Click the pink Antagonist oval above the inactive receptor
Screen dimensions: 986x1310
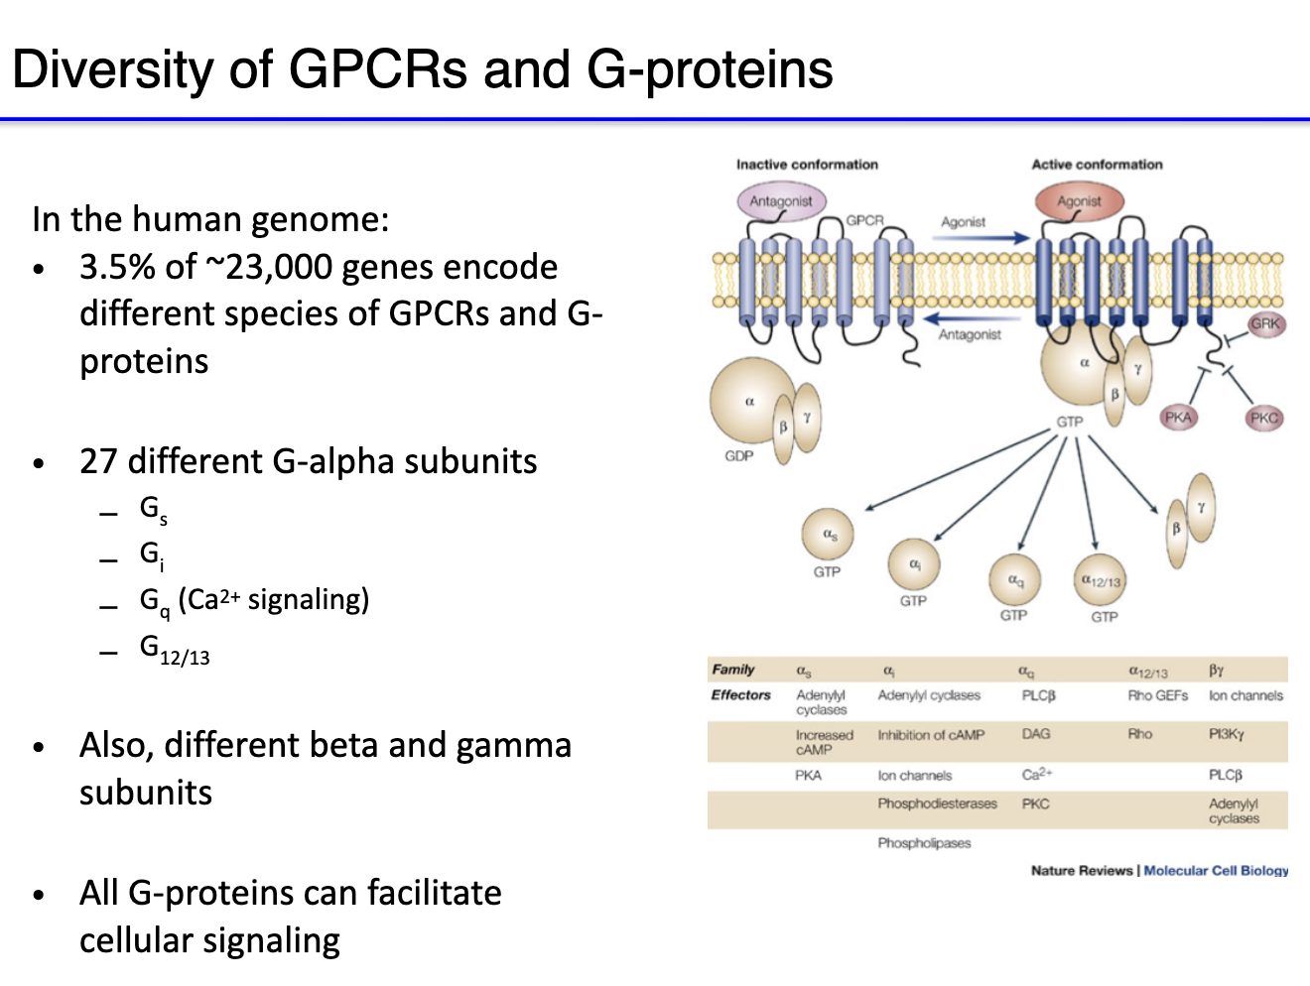tap(780, 201)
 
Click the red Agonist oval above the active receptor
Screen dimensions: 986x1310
tap(1078, 201)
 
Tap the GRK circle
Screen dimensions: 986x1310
tap(1264, 323)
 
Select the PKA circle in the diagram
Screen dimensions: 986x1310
tap(1178, 417)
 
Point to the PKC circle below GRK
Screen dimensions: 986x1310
tap(1263, 418)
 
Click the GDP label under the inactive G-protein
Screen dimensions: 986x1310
tap(739, 456)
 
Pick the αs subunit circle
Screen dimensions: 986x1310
tap(828, 535)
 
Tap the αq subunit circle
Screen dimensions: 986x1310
tap(1014, 579)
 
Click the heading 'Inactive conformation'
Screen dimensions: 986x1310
tap(807, 165)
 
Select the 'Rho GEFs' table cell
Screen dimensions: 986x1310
tap(1157, 695)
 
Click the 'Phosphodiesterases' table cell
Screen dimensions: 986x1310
tap(937, 803)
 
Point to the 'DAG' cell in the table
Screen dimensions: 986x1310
tap(1035, 734)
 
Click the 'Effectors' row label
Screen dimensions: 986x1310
tap(740, 695)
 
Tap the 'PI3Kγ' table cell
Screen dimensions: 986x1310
tap(1226, 734)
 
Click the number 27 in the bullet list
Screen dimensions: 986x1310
tap(98, 461)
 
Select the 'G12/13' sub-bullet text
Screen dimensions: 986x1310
tap(175, 650)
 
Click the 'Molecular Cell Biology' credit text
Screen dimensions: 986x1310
tap(1216, 870)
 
